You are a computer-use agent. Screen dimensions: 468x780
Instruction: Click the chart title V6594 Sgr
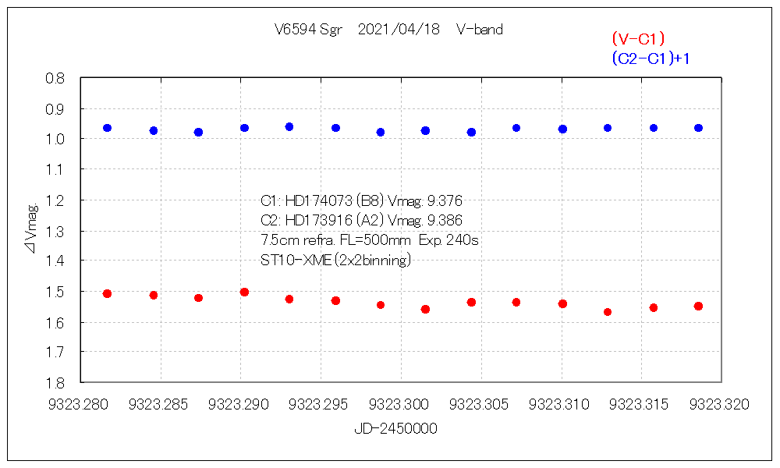pyautogui.click(x=308, y=30)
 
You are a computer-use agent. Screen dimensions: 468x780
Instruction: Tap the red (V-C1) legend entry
pyautogui.click(x=638, y=39)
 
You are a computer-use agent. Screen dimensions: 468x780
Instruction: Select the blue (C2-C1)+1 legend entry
pyautogui.click(x=651, y=58)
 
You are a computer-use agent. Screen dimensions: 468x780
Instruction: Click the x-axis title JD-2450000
pyautogui.click(x=395, y=428)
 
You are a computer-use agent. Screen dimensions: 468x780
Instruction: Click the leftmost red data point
pyautogui.click(x=107, y=293)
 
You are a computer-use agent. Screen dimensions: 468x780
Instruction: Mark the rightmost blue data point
pyautogui.click(x=699, y=128)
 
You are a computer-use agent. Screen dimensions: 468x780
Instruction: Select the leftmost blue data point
pyautogui.click(x=107, y=128)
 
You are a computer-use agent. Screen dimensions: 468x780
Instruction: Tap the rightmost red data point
pyautogui.click(x=699, y=306)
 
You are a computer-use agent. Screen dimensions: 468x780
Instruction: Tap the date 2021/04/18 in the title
pyautogui.click(x=399, y=30)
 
